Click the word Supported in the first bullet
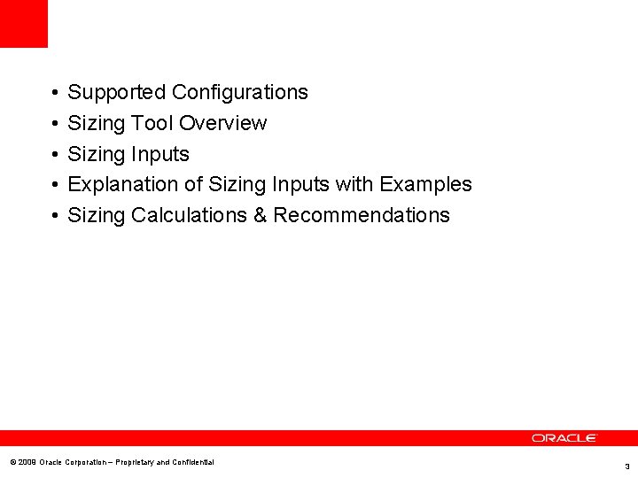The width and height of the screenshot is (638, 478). click(117, 92)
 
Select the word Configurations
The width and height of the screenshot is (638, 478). click(239, 92)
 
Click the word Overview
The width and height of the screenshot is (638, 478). click(222, 123)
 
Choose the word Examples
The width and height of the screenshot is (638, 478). click(425, 184)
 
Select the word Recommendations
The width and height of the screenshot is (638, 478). click(362, 215)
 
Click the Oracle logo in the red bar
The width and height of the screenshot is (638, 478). click(564, 438)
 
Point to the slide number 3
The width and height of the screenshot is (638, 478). click(626, 466)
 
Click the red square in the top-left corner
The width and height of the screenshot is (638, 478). click(23, 23)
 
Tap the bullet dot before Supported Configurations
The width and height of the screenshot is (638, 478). click(54, 93)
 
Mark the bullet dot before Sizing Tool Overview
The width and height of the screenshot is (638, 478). click(54, 124)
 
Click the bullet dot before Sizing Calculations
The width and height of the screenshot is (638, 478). click(54, 216)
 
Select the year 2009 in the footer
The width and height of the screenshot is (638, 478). click(27, 462)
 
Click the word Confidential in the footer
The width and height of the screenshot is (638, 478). click(192, 462)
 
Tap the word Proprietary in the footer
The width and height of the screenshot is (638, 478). click(134, 462)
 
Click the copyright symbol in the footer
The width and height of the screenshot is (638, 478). click(12, 462)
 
